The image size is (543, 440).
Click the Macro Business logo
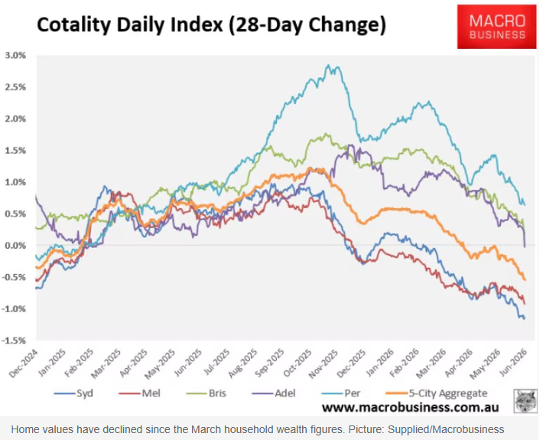(x=496, y=27)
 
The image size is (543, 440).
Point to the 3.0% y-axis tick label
(x=15, y=55)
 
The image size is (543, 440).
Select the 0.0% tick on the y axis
(x=15, y=246)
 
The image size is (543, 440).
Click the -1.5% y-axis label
(x=14, y=341)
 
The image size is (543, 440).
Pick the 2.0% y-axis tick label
(x=15, y=119)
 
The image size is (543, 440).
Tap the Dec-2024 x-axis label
(x=24, y=363)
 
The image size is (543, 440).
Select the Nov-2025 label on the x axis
(x=324, y=363)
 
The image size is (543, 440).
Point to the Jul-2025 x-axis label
(x=216, y=363)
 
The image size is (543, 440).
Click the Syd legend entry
(x=73, y=393)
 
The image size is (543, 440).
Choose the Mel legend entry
(x=139, y=393)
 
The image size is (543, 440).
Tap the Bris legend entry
(x=206, y=393)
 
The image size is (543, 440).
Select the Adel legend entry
(x=274, y=393)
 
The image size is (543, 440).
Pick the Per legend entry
(x=341, y=393)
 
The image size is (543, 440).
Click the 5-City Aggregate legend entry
(x=437, y=393)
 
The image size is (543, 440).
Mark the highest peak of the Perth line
(x=327, y=65)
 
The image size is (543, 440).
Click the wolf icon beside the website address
(x=525, y=401)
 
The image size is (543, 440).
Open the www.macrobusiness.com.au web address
(x=411, y=408)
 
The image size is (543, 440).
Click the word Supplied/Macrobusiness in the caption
(x=446, y=430)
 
